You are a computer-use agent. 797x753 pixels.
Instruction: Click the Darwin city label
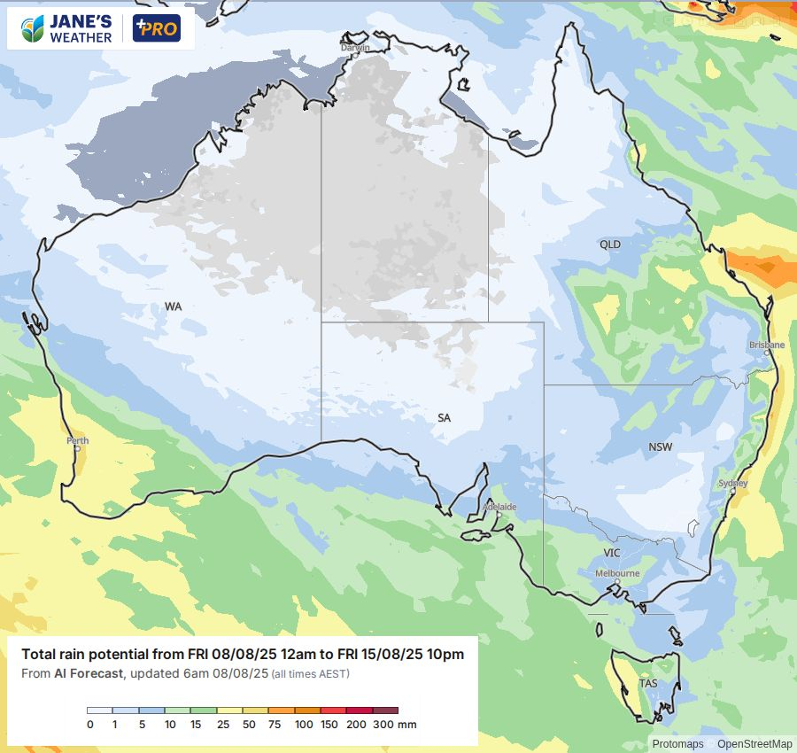click(355, 48)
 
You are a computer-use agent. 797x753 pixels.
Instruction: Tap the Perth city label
click(77, 440)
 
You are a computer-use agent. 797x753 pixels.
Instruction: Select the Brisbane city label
click(766, 345)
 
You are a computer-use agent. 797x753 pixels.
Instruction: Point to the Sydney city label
click(732, 484)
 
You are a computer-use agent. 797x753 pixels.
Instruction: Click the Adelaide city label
click(500, 507)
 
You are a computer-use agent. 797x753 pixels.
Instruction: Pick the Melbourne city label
click(617, 573)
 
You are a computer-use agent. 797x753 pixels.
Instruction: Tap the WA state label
click(173, 307)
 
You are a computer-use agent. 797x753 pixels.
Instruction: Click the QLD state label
click(610, 245)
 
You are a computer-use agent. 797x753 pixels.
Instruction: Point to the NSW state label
click(661, 447)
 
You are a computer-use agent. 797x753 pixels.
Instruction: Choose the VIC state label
click(612, 553)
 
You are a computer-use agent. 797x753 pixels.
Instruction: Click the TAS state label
click(648, 684)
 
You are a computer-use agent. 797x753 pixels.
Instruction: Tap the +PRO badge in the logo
click(156, 27)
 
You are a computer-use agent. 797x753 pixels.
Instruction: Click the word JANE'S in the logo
click(81, 20)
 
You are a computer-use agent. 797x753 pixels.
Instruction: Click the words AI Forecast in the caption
click(88, 673)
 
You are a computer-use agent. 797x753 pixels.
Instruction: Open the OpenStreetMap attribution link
click(754, 744)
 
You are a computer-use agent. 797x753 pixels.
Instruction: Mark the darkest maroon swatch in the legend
click(385, 710)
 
